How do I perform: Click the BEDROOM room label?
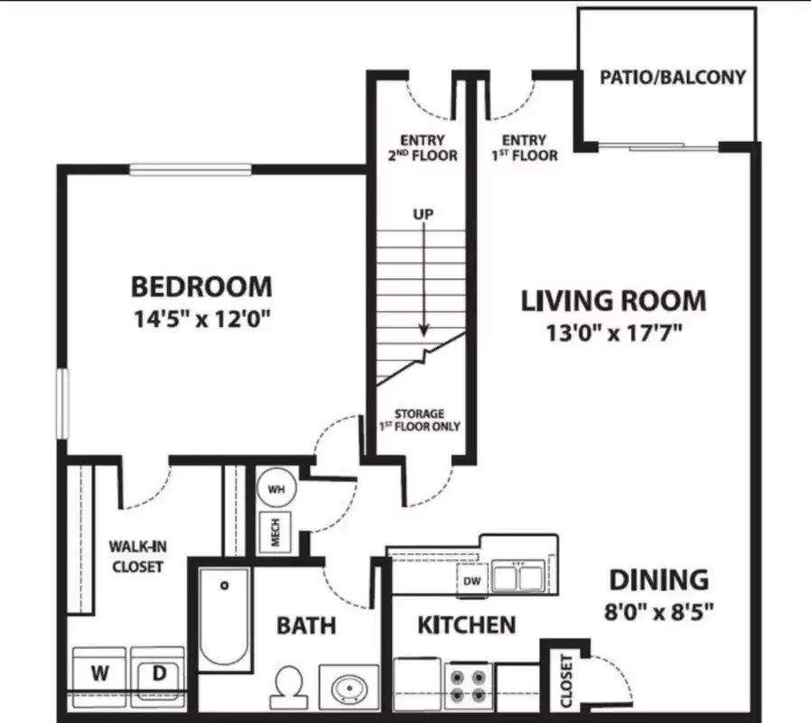200,287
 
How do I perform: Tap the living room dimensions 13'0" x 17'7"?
612,333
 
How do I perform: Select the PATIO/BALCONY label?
673,77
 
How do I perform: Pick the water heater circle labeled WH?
276,489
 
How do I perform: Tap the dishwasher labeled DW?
471,580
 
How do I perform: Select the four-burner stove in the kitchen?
468,685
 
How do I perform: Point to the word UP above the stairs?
423,214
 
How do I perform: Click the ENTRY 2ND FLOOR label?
422,147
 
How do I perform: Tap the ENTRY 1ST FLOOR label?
524,147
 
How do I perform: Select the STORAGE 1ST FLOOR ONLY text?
421,419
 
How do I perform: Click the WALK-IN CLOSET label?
136,556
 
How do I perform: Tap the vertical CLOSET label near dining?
566,682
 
